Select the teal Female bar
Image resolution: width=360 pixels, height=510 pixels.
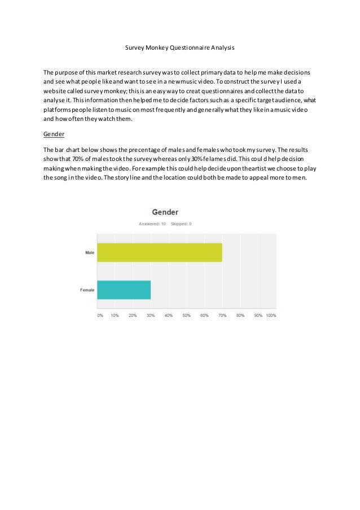[x=124, y=290]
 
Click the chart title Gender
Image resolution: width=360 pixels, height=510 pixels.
[x=165, y=212]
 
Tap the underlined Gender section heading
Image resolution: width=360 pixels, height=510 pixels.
[x=54, y=135]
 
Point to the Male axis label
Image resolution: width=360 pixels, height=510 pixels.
[x=89, y=252]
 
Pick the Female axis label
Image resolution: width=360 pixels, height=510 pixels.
[x=87, y=290]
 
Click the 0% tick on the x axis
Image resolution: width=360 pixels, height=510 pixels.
[x=100, y=315]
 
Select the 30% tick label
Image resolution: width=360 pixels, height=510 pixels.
[x=151, y=315]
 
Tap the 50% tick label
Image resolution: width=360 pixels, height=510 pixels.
[x=186, y=315]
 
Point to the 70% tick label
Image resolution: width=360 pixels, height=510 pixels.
[x=222, y=315]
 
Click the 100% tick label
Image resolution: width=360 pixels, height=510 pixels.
[x=271, y=315]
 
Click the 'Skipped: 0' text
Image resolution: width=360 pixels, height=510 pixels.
[x=181, y=224]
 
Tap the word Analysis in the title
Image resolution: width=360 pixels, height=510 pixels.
[x=220, y=49]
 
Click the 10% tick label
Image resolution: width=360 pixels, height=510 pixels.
[x=115, y=315]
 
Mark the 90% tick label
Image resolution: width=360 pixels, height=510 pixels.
[x=258, y=315]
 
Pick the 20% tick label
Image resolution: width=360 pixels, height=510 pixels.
[x=133, y=315]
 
